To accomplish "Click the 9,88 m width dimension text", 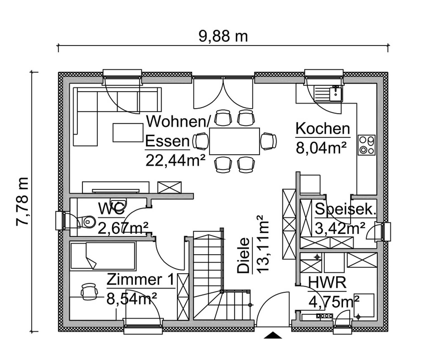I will pyautogui.click(x=223, y=36).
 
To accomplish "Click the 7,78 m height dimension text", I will pyautogui.click(x=22, y=201).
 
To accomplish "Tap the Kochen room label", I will pyautogui.click(x=323, y=129).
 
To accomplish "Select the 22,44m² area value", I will pyautogui.click(x=175, y=161).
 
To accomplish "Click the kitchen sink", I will pyautogui.click(x=328, y=94).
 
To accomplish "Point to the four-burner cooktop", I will pyautogui.click(x=367, y=145).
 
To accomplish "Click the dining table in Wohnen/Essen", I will pyautogui.click(x=234, y=141).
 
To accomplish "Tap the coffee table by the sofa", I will pyautogui.click(x=128, y=133).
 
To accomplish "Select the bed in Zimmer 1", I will pyautogui.click(x=103, y=256).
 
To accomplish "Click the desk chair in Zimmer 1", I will pyautogui.click(x=89, y=291).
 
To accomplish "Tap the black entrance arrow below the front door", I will pyautogui.click(x=273, y=335).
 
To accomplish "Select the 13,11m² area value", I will pyautogui.click(x=262, y=244).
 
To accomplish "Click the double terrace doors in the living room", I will pyautogui.click(x=223, y=94).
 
